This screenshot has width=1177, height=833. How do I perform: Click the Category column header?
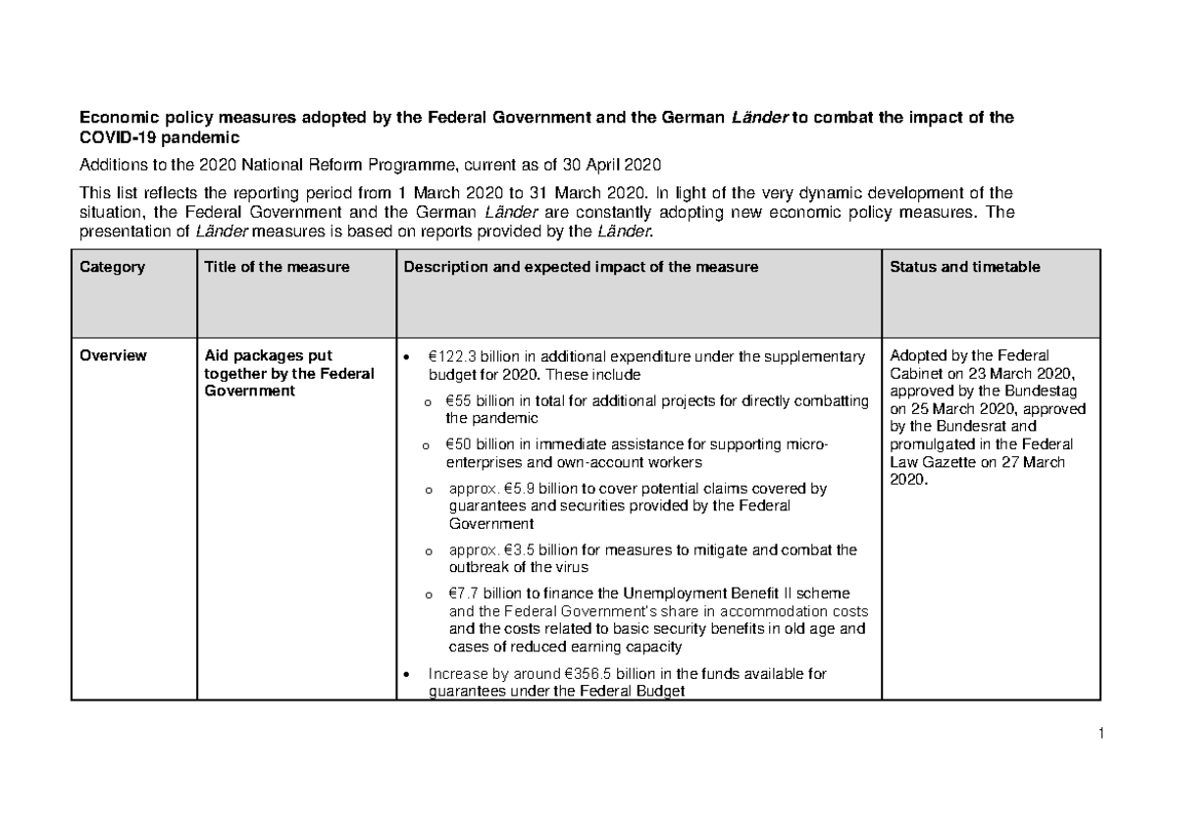113,267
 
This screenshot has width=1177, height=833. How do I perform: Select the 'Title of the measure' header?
276,267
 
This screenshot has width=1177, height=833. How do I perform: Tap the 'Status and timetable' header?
965,267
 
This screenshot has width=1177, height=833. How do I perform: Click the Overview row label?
114,355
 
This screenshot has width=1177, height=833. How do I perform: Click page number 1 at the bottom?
1102,733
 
